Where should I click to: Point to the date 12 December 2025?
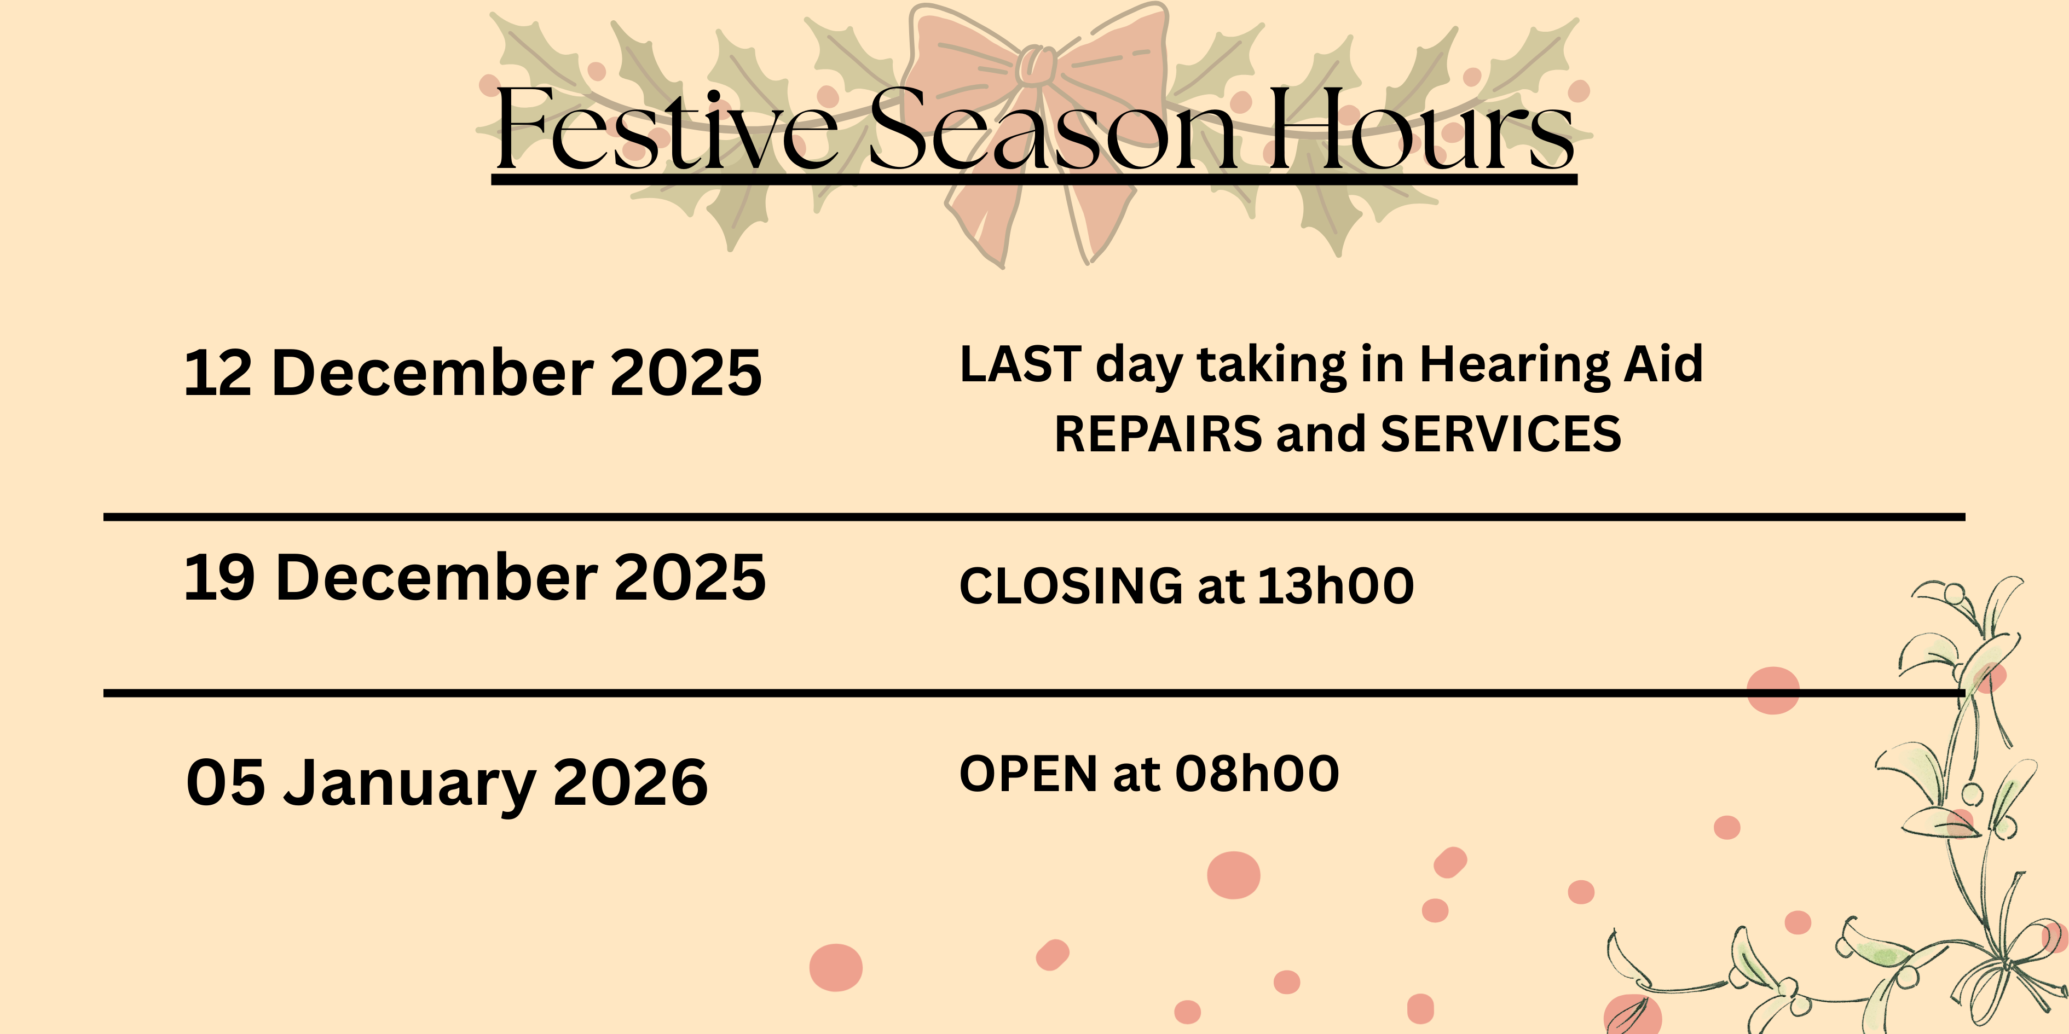(x=473, y=373)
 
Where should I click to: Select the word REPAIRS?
(x=1158, y=434)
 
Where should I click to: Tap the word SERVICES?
(x=1500, y=434)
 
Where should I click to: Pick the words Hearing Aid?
(x=1561, y=366)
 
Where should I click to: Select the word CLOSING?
(x=1071, y=585)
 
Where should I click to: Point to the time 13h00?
(x=1335, y=585)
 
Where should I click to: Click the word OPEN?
(x=1028, y=774)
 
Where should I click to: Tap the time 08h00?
(x=1257, y=774)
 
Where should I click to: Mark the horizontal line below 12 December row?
(x=1034, y=518)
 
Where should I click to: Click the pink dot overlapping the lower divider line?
(x=1773, y=690)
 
